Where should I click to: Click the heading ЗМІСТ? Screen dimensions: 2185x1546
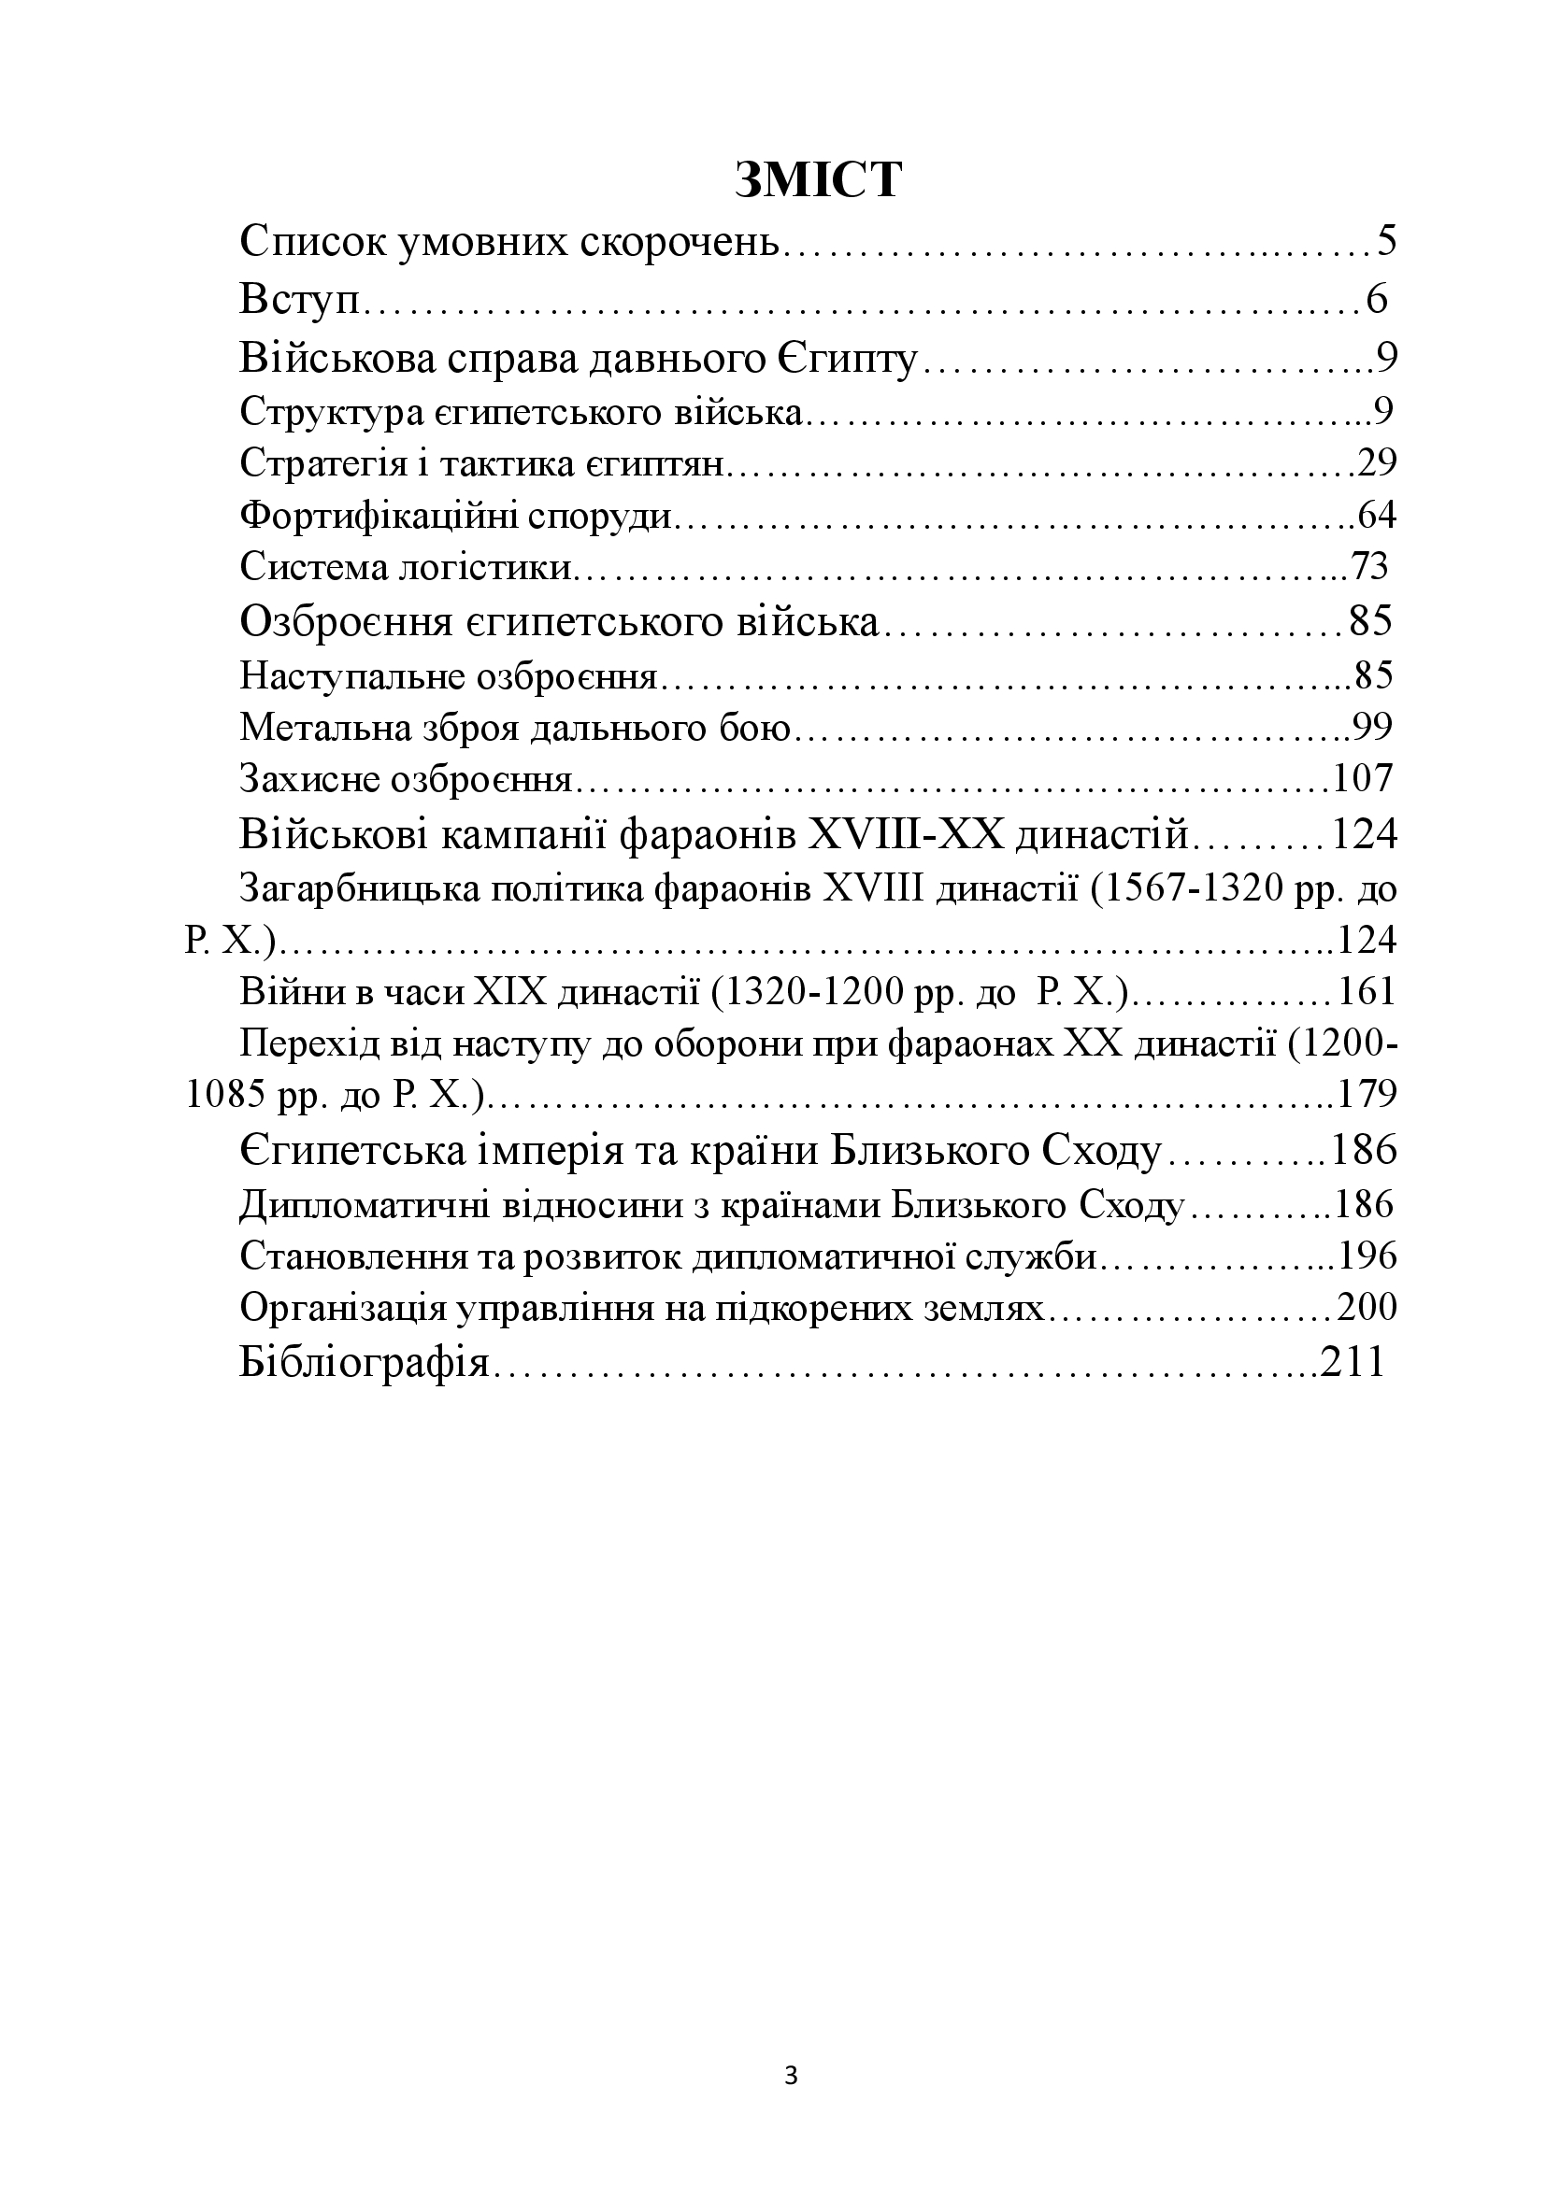coord(818,179)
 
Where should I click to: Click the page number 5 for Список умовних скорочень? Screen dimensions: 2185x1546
coord(1385,242)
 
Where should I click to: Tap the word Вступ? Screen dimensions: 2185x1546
coord(301,300)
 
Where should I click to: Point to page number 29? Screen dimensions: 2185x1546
coord(1377,463)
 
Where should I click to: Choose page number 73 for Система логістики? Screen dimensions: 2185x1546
coord(1370,567)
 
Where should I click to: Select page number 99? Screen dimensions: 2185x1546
coord(1372,727)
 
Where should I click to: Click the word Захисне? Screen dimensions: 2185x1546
coord(307,779)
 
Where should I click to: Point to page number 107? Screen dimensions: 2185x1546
coord(1363,779)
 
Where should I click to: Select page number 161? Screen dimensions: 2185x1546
coord(1367,992)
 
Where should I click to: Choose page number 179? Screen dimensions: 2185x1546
coord(1367,1096)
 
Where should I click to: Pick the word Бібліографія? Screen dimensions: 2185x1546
coord(364,1363)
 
